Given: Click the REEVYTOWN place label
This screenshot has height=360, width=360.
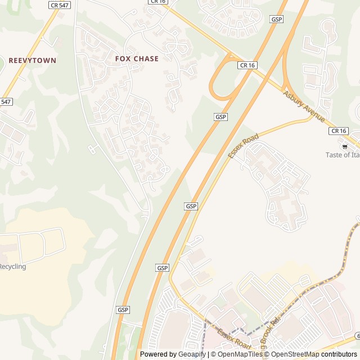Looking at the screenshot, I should pos(32,60).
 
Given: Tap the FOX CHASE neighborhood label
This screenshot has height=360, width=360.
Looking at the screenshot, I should pos(137,58).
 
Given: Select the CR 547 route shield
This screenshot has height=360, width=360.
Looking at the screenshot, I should pos(60,5).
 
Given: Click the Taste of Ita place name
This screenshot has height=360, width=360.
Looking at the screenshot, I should pos(343,155).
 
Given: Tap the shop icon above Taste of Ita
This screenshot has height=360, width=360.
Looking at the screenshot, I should pos(345,146).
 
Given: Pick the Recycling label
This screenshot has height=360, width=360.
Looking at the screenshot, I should pos(12,267).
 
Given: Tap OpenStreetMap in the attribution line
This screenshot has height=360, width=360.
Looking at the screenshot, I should pos(295,354).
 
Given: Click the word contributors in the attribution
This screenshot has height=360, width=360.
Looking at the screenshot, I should pos(339,354).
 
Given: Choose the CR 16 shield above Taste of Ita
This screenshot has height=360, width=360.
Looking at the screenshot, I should pos(338,130).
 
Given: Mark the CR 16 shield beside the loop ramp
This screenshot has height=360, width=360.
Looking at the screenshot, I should pos(247,65).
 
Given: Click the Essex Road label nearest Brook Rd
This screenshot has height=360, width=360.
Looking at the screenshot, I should pos(233,338).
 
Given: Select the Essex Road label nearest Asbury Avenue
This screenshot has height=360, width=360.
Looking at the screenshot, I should pos(243,146).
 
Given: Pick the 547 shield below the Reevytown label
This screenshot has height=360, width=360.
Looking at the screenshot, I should pos(5,102).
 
